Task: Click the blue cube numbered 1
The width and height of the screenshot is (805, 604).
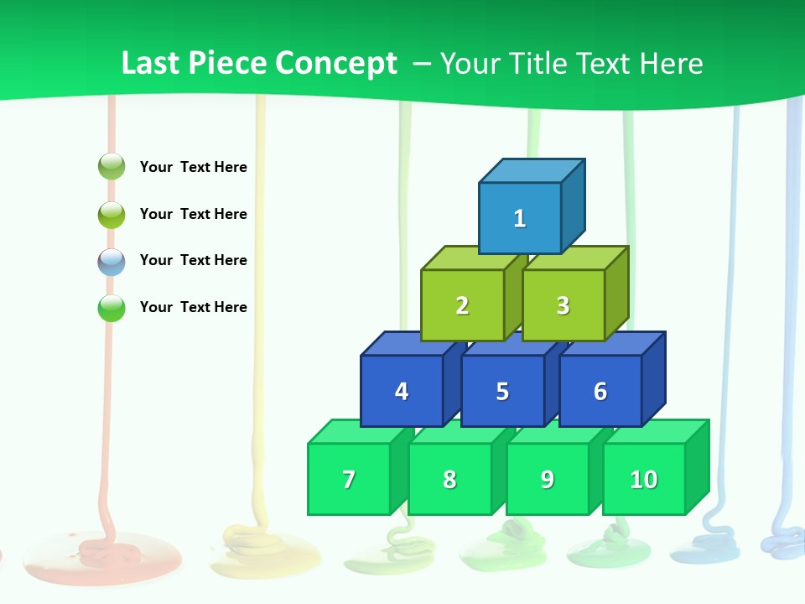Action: (x=520, y=218)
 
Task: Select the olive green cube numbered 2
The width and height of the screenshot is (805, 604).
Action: (x=462, y=305)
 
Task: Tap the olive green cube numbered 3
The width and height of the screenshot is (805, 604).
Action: (x=563, y=305)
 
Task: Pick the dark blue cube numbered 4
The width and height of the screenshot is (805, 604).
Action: (x=402, y=391)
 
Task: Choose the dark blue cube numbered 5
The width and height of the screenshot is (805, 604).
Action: (x=502, y=391)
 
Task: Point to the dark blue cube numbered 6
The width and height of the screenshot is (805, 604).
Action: (x=600, y=391)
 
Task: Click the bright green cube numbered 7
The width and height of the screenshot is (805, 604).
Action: (x=349, y=479)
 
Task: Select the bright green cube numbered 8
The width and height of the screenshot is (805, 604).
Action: (x=449, y=479)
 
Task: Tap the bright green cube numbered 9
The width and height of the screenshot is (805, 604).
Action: (x=547, y=479)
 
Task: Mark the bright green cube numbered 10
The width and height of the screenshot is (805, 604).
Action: (x=643, y=479)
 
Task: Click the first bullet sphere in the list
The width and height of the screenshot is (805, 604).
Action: (x=112, y=167)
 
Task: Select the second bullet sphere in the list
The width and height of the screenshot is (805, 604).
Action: (x=112, y=214)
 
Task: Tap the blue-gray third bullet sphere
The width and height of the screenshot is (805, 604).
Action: (x=112, y=261)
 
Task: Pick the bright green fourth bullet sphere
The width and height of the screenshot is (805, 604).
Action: (x=112, y=308)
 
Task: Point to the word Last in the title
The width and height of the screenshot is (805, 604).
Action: (x=151, y=63)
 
